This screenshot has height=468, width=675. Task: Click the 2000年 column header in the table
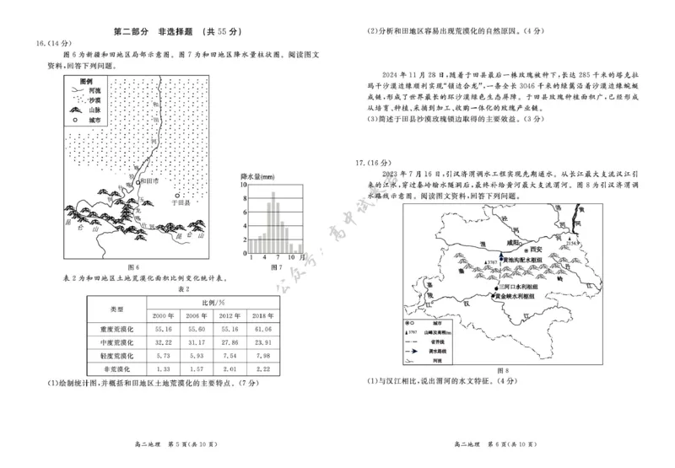[164, 315]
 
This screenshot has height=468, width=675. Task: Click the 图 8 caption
[504, 370]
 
